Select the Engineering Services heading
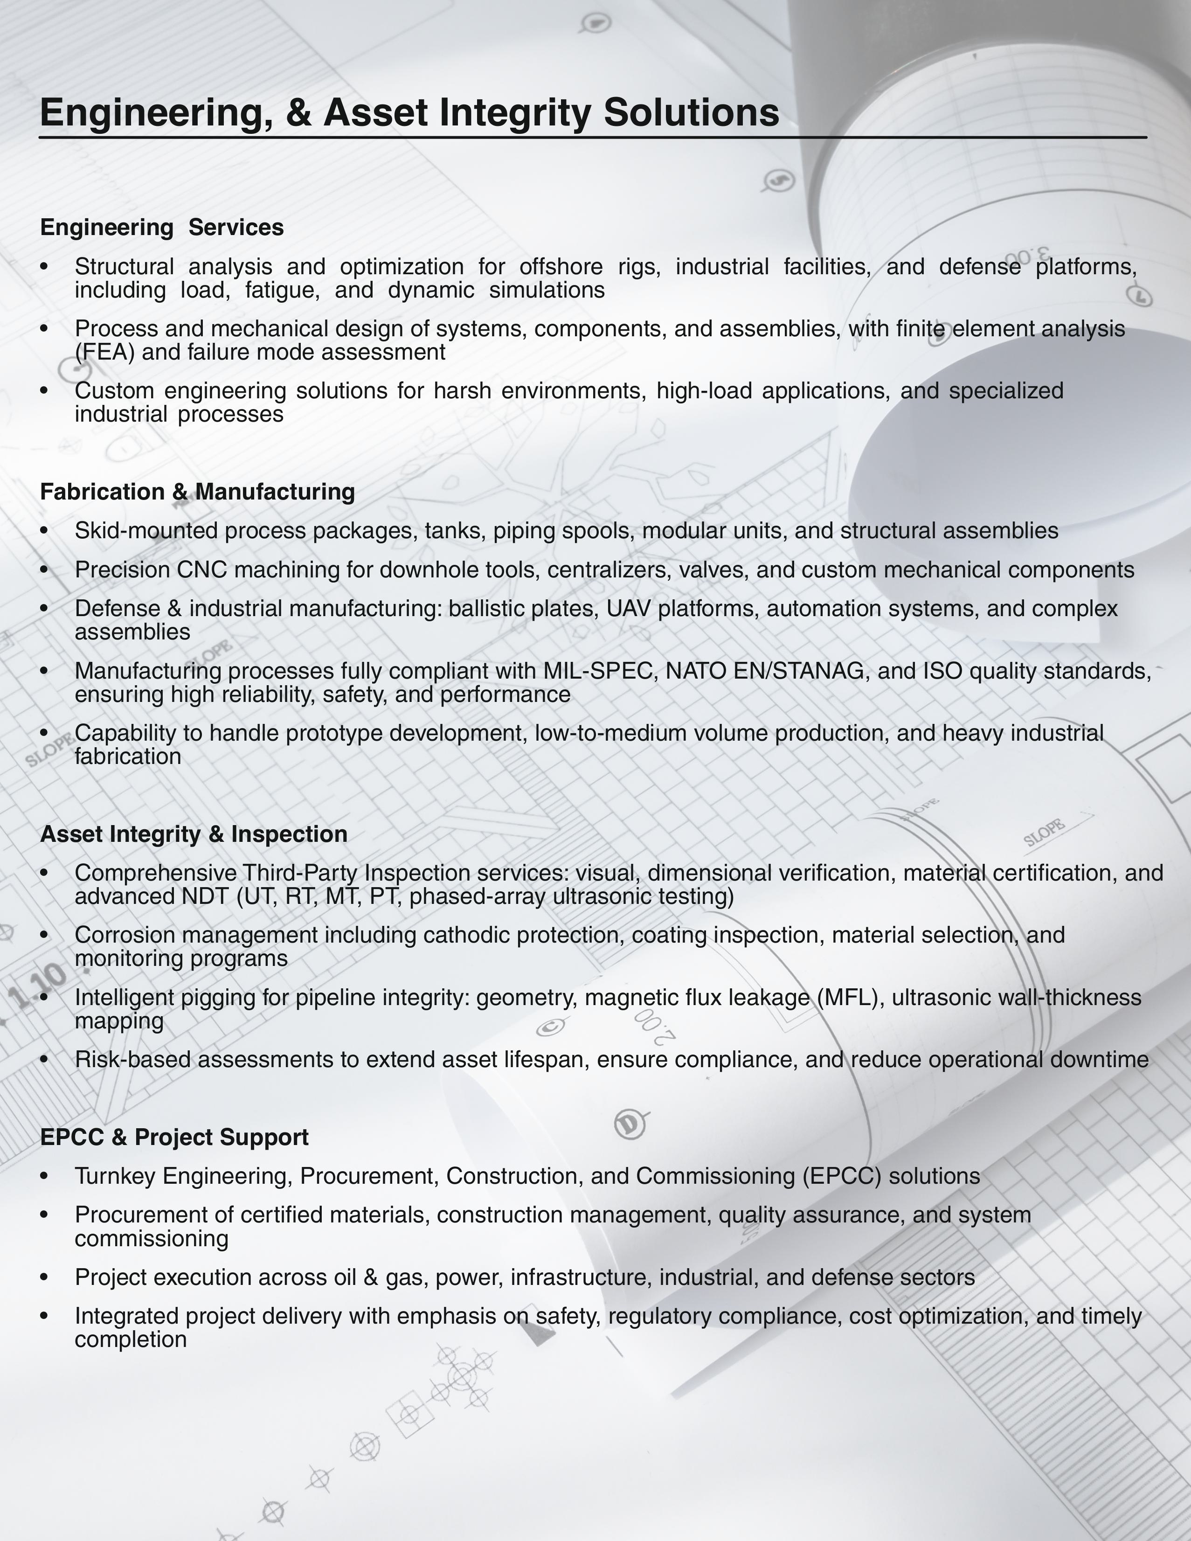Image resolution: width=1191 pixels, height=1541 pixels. point(161,227)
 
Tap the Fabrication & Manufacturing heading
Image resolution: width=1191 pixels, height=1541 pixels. point(198,492)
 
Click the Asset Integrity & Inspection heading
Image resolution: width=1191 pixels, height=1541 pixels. point(194,834)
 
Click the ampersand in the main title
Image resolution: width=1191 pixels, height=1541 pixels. point(299,113)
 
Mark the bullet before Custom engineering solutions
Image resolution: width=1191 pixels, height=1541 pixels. point(44,391)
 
